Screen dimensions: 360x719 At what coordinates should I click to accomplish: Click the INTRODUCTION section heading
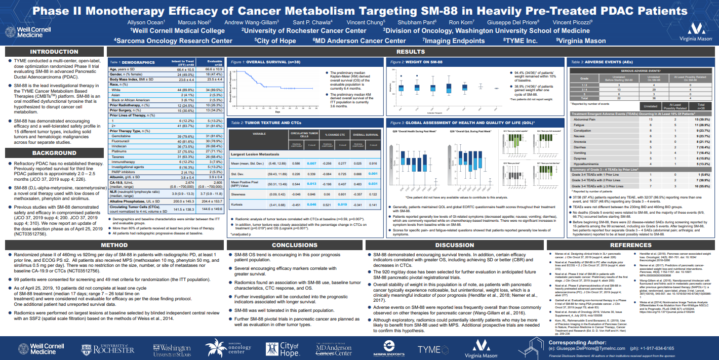[54, 52]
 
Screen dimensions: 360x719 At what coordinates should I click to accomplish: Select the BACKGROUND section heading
[54, 153]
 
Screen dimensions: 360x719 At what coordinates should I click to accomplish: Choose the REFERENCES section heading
[630, 245]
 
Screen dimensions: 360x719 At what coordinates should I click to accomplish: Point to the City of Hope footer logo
[290, 349]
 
